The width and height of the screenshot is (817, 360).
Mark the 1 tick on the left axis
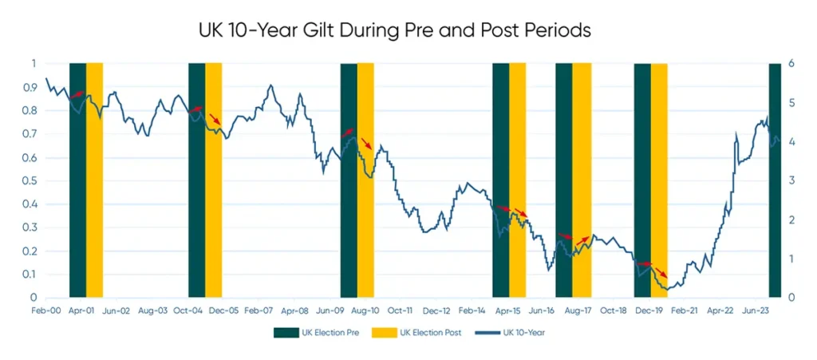34,64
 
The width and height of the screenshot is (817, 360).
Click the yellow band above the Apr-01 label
94,180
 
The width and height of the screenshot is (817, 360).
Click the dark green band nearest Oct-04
196,180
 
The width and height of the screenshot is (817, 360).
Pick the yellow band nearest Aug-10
365,180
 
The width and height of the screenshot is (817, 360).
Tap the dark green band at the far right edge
773,180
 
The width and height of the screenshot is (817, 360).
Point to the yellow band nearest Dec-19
659,180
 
